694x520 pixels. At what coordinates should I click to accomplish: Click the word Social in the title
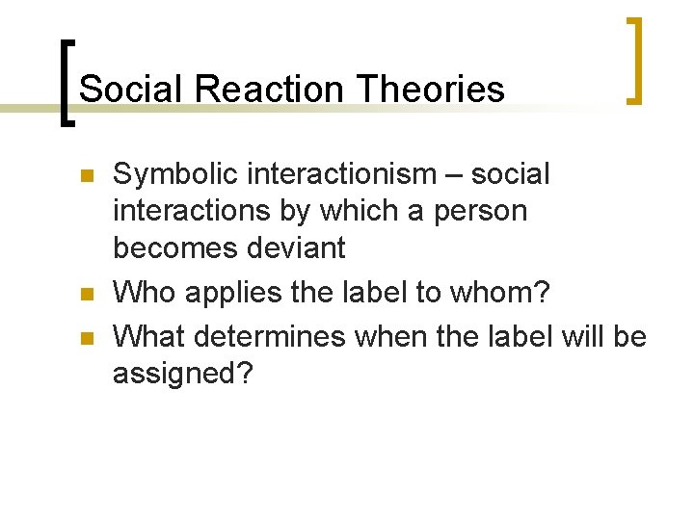coord(131,90)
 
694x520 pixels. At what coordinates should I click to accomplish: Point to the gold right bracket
coord(634,60)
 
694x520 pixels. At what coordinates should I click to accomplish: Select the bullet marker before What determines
coord(86,337)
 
